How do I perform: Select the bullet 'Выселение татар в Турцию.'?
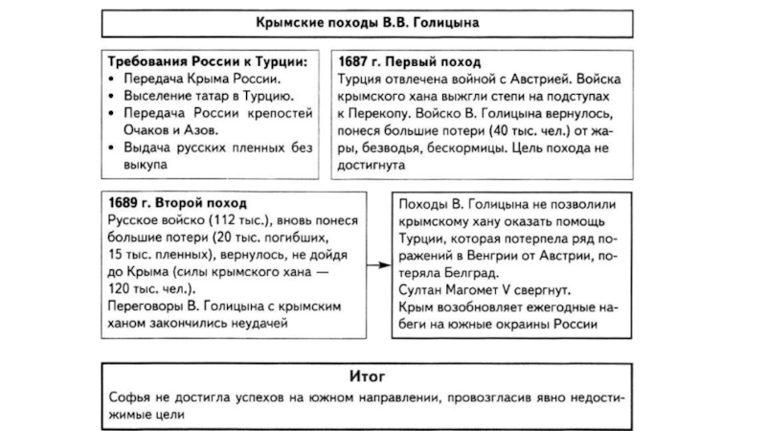coord(205,96)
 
